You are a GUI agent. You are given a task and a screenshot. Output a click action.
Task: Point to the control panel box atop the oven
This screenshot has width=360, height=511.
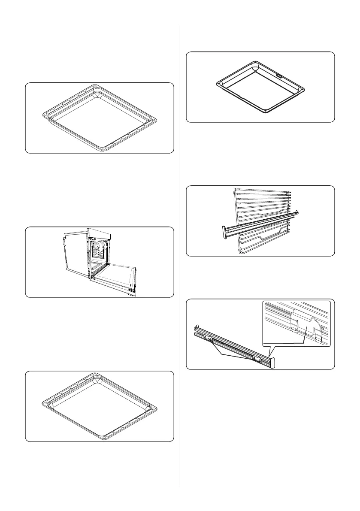click(x=101, y=234)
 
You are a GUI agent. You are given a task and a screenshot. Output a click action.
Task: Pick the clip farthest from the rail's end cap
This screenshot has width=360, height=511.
click(x=209, y=339)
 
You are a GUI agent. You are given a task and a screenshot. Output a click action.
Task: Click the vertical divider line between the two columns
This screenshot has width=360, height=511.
click(x=180, y=257)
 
